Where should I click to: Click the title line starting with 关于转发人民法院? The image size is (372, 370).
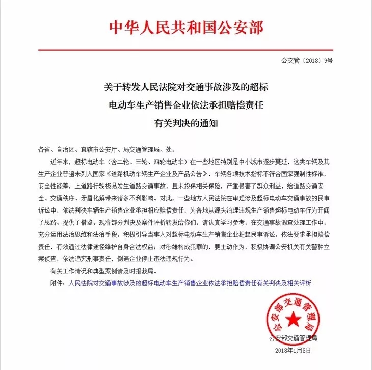point(186,88)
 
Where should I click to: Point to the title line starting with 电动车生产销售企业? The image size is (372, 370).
point(186,105)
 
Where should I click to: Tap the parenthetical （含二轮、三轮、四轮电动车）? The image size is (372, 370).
point(145,163)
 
